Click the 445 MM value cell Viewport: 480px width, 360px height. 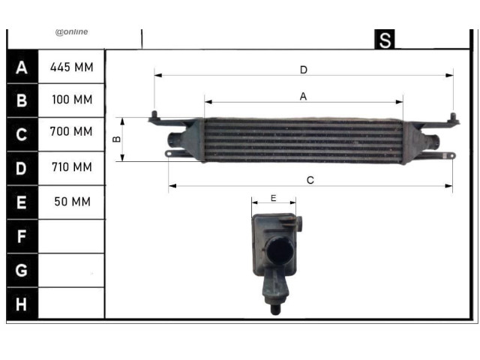(x=72, y=67)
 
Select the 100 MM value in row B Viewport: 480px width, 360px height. (x=72, y=100)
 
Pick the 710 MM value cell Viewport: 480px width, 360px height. (x=72, y=167)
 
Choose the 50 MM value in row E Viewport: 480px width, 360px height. (x=73, y=202)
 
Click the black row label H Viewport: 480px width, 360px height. (x=21, y=304)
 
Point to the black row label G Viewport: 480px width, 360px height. (x=22, y=270)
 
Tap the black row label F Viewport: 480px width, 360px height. (x=22, y=236)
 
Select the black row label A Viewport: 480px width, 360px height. (x=22, y=67)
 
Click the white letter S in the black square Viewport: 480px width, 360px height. (x=385, y=40)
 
